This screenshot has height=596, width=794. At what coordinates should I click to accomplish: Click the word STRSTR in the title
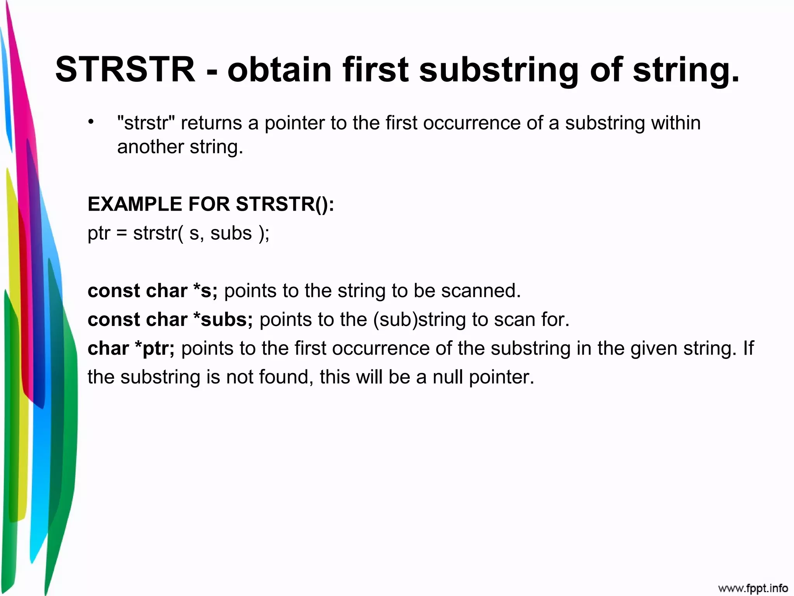(x=125, y=70)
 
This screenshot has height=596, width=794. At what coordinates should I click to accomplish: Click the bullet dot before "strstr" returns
(x=91, y=122)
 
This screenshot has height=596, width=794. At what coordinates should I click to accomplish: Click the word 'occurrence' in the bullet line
(x=471, y=123)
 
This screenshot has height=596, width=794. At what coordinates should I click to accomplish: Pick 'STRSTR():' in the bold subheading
(x=285, y=204)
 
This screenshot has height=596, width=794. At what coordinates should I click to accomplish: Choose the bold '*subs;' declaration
(x=223, y=320)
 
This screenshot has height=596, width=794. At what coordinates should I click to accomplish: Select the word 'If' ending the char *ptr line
(x=748, y=348)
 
